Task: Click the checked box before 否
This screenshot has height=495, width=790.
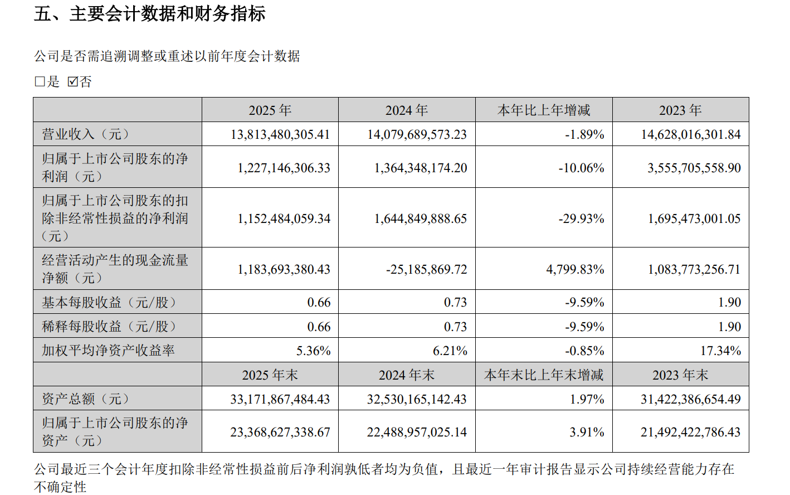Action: pyautogui.click(x=72, y=82)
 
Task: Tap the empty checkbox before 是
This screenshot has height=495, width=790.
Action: pyautogui.click(x=40, y=82)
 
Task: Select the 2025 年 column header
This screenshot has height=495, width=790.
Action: pyautogui.click(x=270, y=110)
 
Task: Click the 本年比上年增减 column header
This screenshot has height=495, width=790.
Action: pyautogui.click(x=543, y=110)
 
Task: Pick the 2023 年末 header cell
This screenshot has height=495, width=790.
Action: pyautogui.click(x=680, y=375)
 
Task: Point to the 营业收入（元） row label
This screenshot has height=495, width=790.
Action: pyautogui.click(x=85, y=134)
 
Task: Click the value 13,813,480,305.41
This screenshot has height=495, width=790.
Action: pyautogui.click(x=280, y=135)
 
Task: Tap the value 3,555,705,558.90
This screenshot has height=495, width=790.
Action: pyautogui.click(x=694, y=168)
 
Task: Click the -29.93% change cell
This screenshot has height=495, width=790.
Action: pyautogui.click(x=582, y=219)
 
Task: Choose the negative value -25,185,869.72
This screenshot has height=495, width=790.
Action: pyautogui.click(x=427, y=270)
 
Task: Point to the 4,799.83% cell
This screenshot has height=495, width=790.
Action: pyautogui.click(x=576, y=270)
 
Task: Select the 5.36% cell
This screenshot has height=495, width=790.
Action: pyautogui.click(x=313, y=351)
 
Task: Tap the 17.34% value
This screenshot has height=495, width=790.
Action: pyautogui.click(x=720, y=351)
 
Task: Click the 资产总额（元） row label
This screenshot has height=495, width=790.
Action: pyautogui.click(x=85, y=399)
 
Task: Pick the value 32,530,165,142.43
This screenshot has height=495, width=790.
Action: pyautogui.click(x=417, y=400)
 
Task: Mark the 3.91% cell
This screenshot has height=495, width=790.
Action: pyautogui.click(x=587, y=433)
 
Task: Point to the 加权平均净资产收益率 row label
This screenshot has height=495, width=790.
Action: pyautogui.click(x=108, y=351)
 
